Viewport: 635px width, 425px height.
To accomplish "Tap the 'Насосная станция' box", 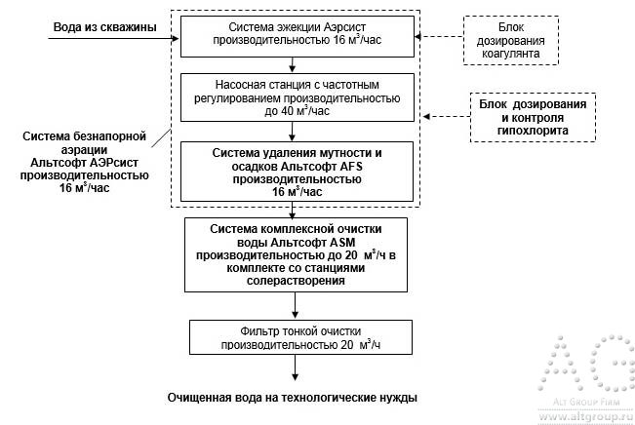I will pyautogui.click(x=293, y=98).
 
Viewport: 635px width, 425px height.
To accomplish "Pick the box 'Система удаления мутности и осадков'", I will pyautogui.click(x=293, y=173).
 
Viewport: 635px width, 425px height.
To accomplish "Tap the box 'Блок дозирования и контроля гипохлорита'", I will pyautogui.click(x=533, y=117).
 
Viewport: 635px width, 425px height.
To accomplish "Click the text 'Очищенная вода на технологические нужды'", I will pyautogui.click(x=293, y=398).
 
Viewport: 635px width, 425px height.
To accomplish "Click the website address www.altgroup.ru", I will pyautogui.click(x=582, y=413).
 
